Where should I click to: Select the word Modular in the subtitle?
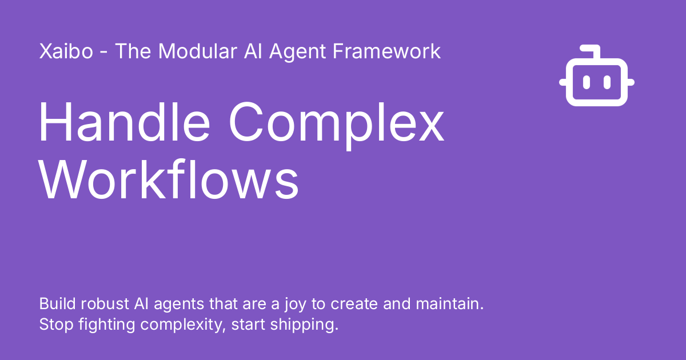coord(196,51)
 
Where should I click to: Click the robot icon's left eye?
coord(587,82)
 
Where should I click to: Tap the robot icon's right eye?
coord(607,82)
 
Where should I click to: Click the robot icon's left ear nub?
coord(563,82)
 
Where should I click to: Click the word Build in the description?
coord(55,303)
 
